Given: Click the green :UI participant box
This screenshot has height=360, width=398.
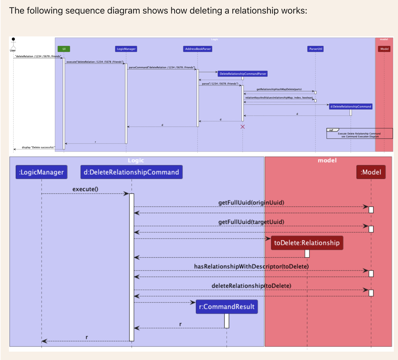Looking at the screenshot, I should [x=64, y=49].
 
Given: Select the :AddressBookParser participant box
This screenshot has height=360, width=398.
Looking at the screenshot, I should [x=198, y=49].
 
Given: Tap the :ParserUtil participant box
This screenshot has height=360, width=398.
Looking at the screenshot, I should [x=315, y=49].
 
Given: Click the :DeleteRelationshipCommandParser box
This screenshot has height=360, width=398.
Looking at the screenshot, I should [x=243, y=74].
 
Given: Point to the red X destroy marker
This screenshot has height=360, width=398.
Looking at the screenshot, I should [x=243, y=127].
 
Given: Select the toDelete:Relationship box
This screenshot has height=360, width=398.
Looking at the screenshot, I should [x=307, y=243].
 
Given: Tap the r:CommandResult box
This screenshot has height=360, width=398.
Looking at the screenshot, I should [x=227, y=307].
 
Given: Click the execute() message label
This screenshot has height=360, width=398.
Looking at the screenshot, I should [x=85, y=189].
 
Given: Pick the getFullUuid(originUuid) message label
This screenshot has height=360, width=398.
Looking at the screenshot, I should [x=251, y=203].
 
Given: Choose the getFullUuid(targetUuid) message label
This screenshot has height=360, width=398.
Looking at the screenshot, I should [x=251, y=222].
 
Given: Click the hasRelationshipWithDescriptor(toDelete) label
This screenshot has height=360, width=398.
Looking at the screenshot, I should [x=251, y=266].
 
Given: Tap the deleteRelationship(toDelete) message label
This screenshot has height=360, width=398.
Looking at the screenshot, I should [x=251, y=286].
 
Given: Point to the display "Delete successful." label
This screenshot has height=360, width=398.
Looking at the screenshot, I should [x=38, y=147].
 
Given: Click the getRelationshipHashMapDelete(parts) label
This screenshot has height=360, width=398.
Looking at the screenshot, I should [x=279, y=89].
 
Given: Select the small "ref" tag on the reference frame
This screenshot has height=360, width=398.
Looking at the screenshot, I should [x=331, y=130].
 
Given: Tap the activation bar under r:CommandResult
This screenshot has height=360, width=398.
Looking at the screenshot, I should [x=227, y=321].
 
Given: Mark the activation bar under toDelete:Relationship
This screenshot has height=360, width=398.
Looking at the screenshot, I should [x=307, y=253].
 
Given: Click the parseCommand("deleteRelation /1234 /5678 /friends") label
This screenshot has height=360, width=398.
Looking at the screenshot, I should [x=162, y=67].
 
